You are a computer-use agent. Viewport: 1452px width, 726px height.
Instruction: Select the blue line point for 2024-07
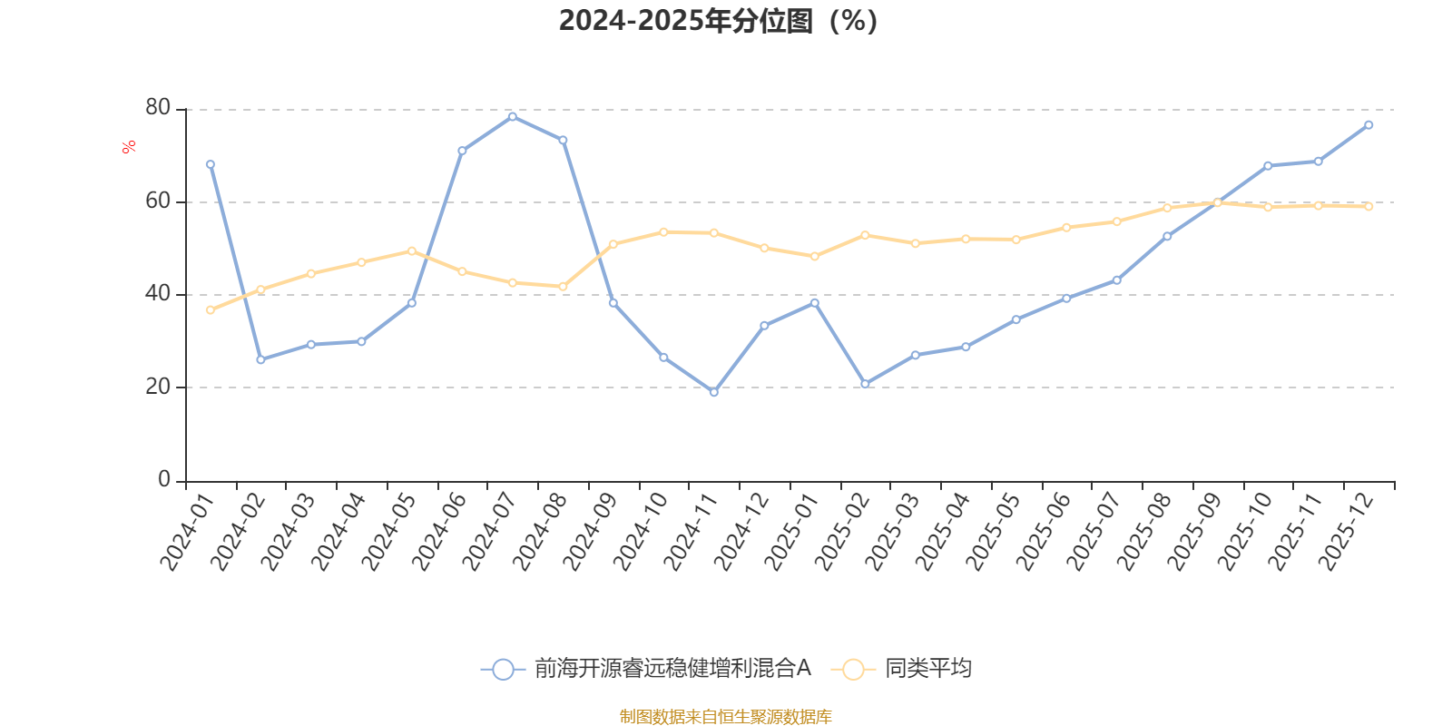[513, 116]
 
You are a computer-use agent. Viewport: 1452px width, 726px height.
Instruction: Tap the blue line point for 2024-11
[713, 393]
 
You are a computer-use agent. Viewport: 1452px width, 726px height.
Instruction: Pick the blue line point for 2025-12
[1369, 125]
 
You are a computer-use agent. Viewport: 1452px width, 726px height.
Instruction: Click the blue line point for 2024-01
[211, 164]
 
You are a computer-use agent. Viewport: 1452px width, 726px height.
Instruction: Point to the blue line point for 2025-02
[865, 384]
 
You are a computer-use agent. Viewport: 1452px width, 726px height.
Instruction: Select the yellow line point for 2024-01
[211, 310]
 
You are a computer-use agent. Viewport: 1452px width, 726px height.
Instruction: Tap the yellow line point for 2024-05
[412, 250]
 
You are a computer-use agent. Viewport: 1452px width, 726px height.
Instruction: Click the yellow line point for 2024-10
[663, 232]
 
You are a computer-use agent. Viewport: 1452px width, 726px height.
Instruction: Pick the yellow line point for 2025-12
[1369, 207]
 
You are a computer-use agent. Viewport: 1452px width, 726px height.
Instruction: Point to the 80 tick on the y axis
[158, 108]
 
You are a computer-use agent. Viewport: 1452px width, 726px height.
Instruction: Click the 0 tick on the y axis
[164, 480]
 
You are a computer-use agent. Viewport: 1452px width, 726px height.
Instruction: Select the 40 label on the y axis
[158, 294]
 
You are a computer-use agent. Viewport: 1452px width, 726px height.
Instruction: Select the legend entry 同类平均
[927, 670]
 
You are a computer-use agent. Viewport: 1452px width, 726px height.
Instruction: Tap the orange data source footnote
[725, 717]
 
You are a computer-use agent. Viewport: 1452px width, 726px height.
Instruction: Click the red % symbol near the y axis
[129, 147]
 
